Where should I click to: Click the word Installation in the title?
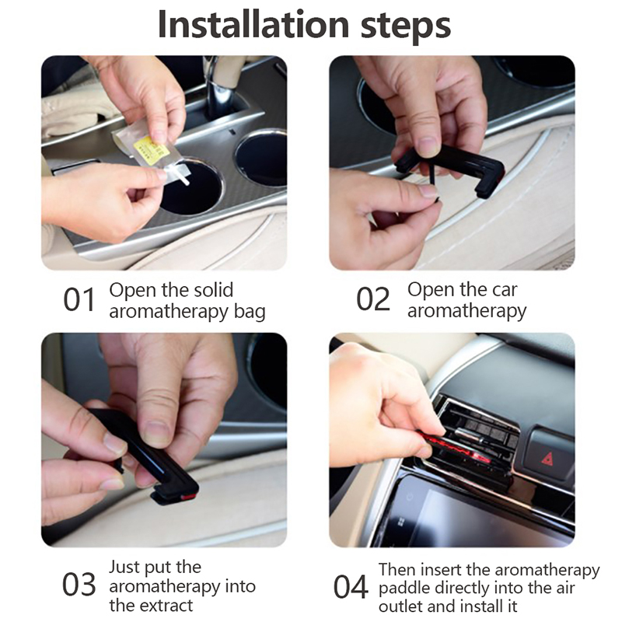[x=253, y=25]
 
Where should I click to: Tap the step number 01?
[x=79, y=300]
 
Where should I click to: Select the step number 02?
[x=373, y=299]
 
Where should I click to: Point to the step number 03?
[x=79, y=585]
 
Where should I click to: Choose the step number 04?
[x=351, y=587]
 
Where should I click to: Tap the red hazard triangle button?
[x=548, y=458]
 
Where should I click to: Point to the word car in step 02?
[x=505, y=291]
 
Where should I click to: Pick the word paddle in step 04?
[x=404, y=589]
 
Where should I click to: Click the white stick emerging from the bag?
[x=182, y=178]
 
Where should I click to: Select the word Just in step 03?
[x=124, y=567]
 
